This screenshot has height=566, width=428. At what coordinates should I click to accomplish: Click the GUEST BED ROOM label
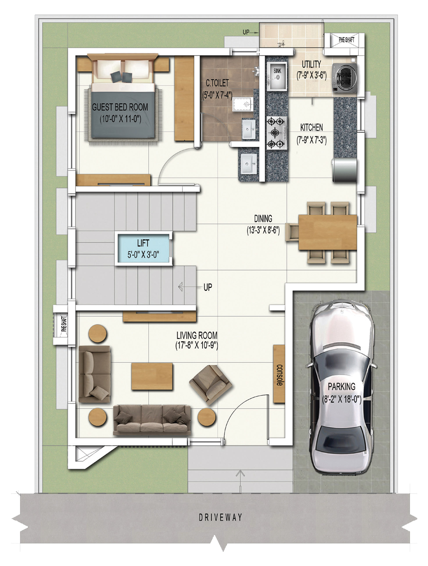120,107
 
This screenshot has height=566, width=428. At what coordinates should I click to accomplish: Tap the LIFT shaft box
143,248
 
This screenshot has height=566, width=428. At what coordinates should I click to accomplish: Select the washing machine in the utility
344,78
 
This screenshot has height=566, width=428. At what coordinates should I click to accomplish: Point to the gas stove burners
276,132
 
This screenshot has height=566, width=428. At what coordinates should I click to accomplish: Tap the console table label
279,375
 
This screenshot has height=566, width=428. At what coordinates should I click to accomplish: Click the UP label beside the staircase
208,287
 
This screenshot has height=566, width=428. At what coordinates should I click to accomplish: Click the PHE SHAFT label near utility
346,40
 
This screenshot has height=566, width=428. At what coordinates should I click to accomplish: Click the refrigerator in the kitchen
344,170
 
